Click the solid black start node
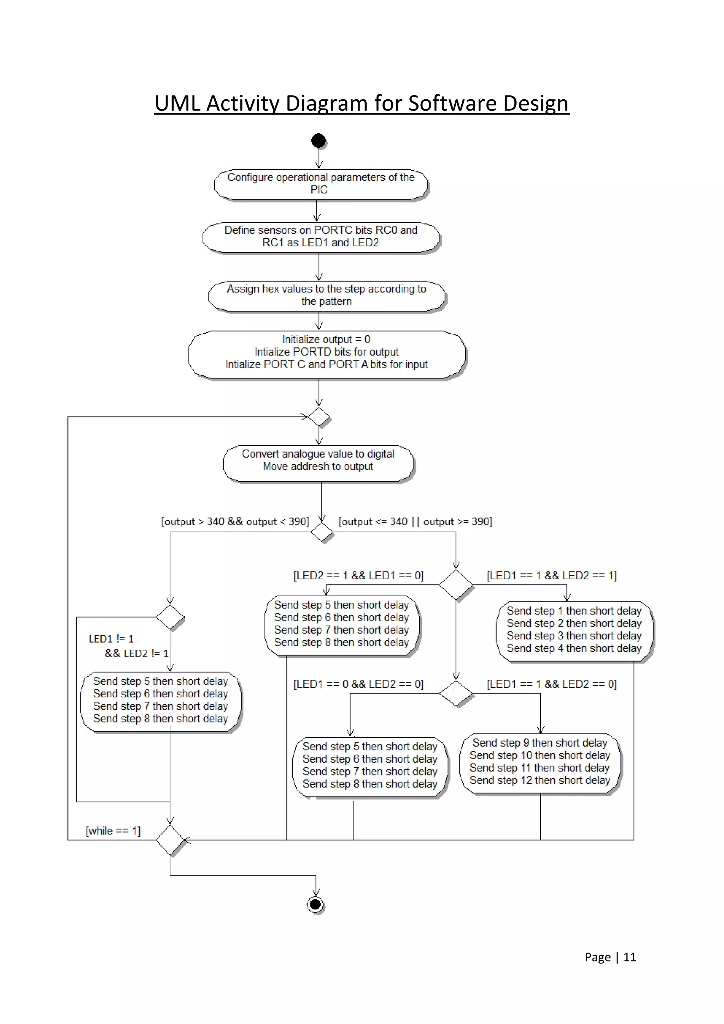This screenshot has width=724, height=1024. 318,141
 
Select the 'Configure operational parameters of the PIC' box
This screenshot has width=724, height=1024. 321,184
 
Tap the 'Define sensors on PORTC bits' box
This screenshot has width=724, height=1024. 321,237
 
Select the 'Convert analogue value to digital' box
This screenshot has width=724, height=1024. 318,463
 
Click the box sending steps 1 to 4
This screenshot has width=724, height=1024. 574,631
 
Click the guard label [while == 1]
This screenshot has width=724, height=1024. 113,831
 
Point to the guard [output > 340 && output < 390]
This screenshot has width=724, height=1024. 235,521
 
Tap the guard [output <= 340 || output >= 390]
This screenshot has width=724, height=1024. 415,521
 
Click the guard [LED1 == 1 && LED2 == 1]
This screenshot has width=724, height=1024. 551,575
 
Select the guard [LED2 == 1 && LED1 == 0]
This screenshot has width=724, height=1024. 358,575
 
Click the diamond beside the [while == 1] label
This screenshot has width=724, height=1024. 170,840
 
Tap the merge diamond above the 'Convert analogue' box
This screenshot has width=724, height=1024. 319,417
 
